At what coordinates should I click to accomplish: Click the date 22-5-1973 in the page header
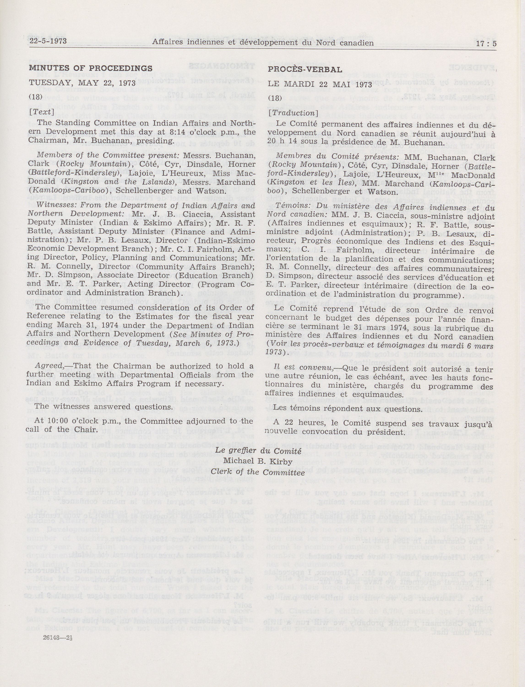(47, 41)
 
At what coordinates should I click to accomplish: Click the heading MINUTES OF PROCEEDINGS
(91, 68)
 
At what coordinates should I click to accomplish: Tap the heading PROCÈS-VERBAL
(305, 70)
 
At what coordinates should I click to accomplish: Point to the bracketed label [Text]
(46, 111)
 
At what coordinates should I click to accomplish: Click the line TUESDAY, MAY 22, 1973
(82, 83)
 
